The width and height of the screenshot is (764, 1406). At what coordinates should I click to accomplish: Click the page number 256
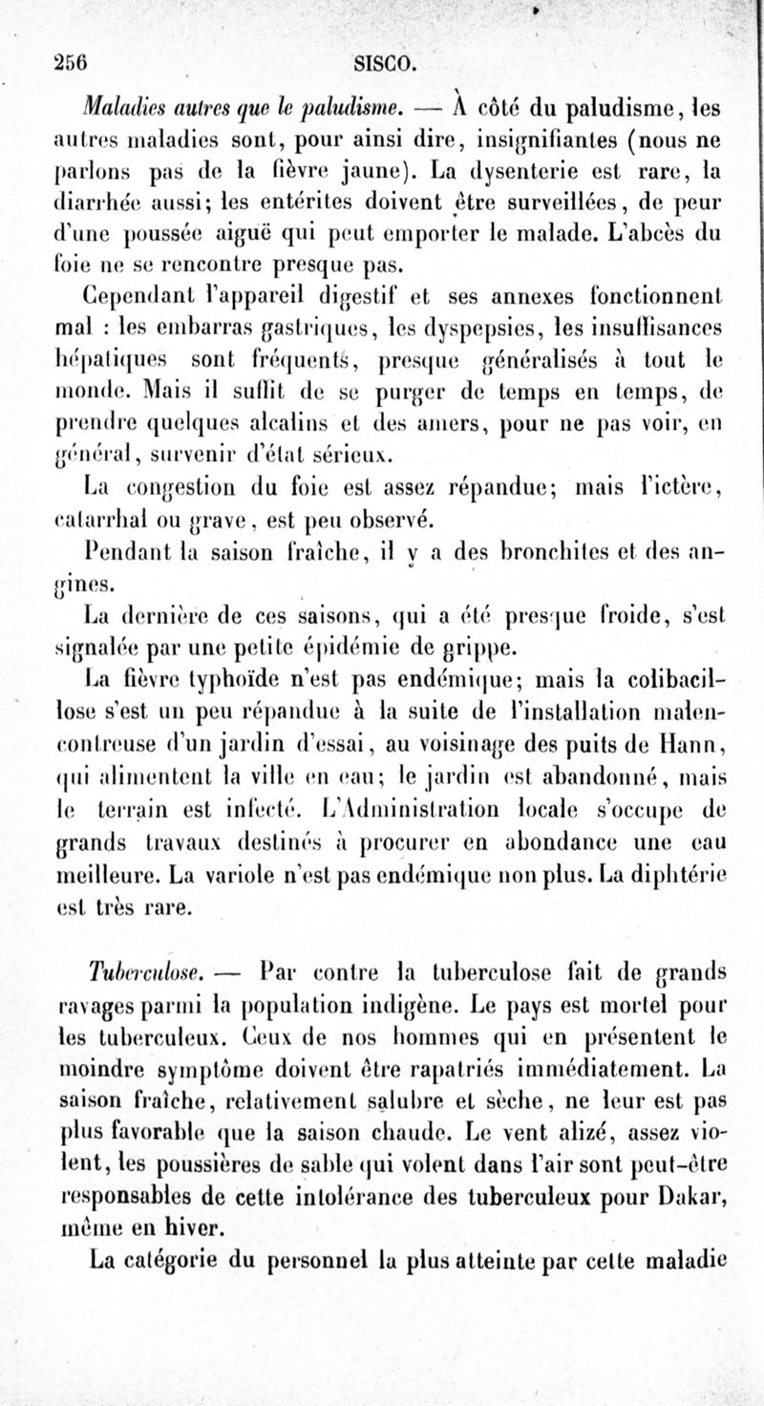(x=71, y=64)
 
